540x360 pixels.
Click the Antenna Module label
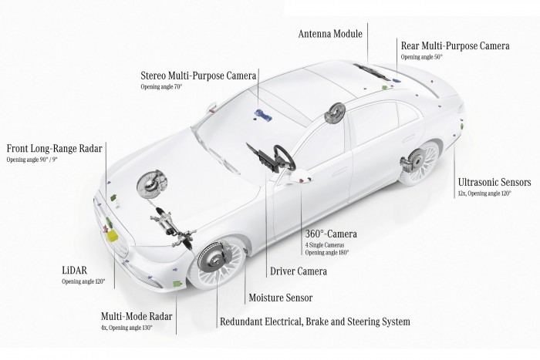point(329,34)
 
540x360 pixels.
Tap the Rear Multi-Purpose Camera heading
point(454,46)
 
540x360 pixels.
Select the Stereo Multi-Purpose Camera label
point(198,76)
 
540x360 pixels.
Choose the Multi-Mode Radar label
point(137,316)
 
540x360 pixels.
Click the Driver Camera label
point(298,271)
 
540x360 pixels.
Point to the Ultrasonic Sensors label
point(494,182)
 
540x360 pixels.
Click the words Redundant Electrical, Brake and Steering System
point(315,321)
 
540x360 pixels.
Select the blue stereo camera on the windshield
point(262,116)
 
